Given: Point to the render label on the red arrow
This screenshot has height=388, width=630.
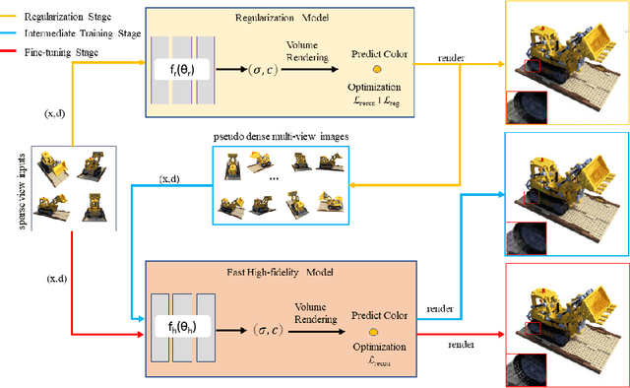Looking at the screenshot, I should click(460, 346).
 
